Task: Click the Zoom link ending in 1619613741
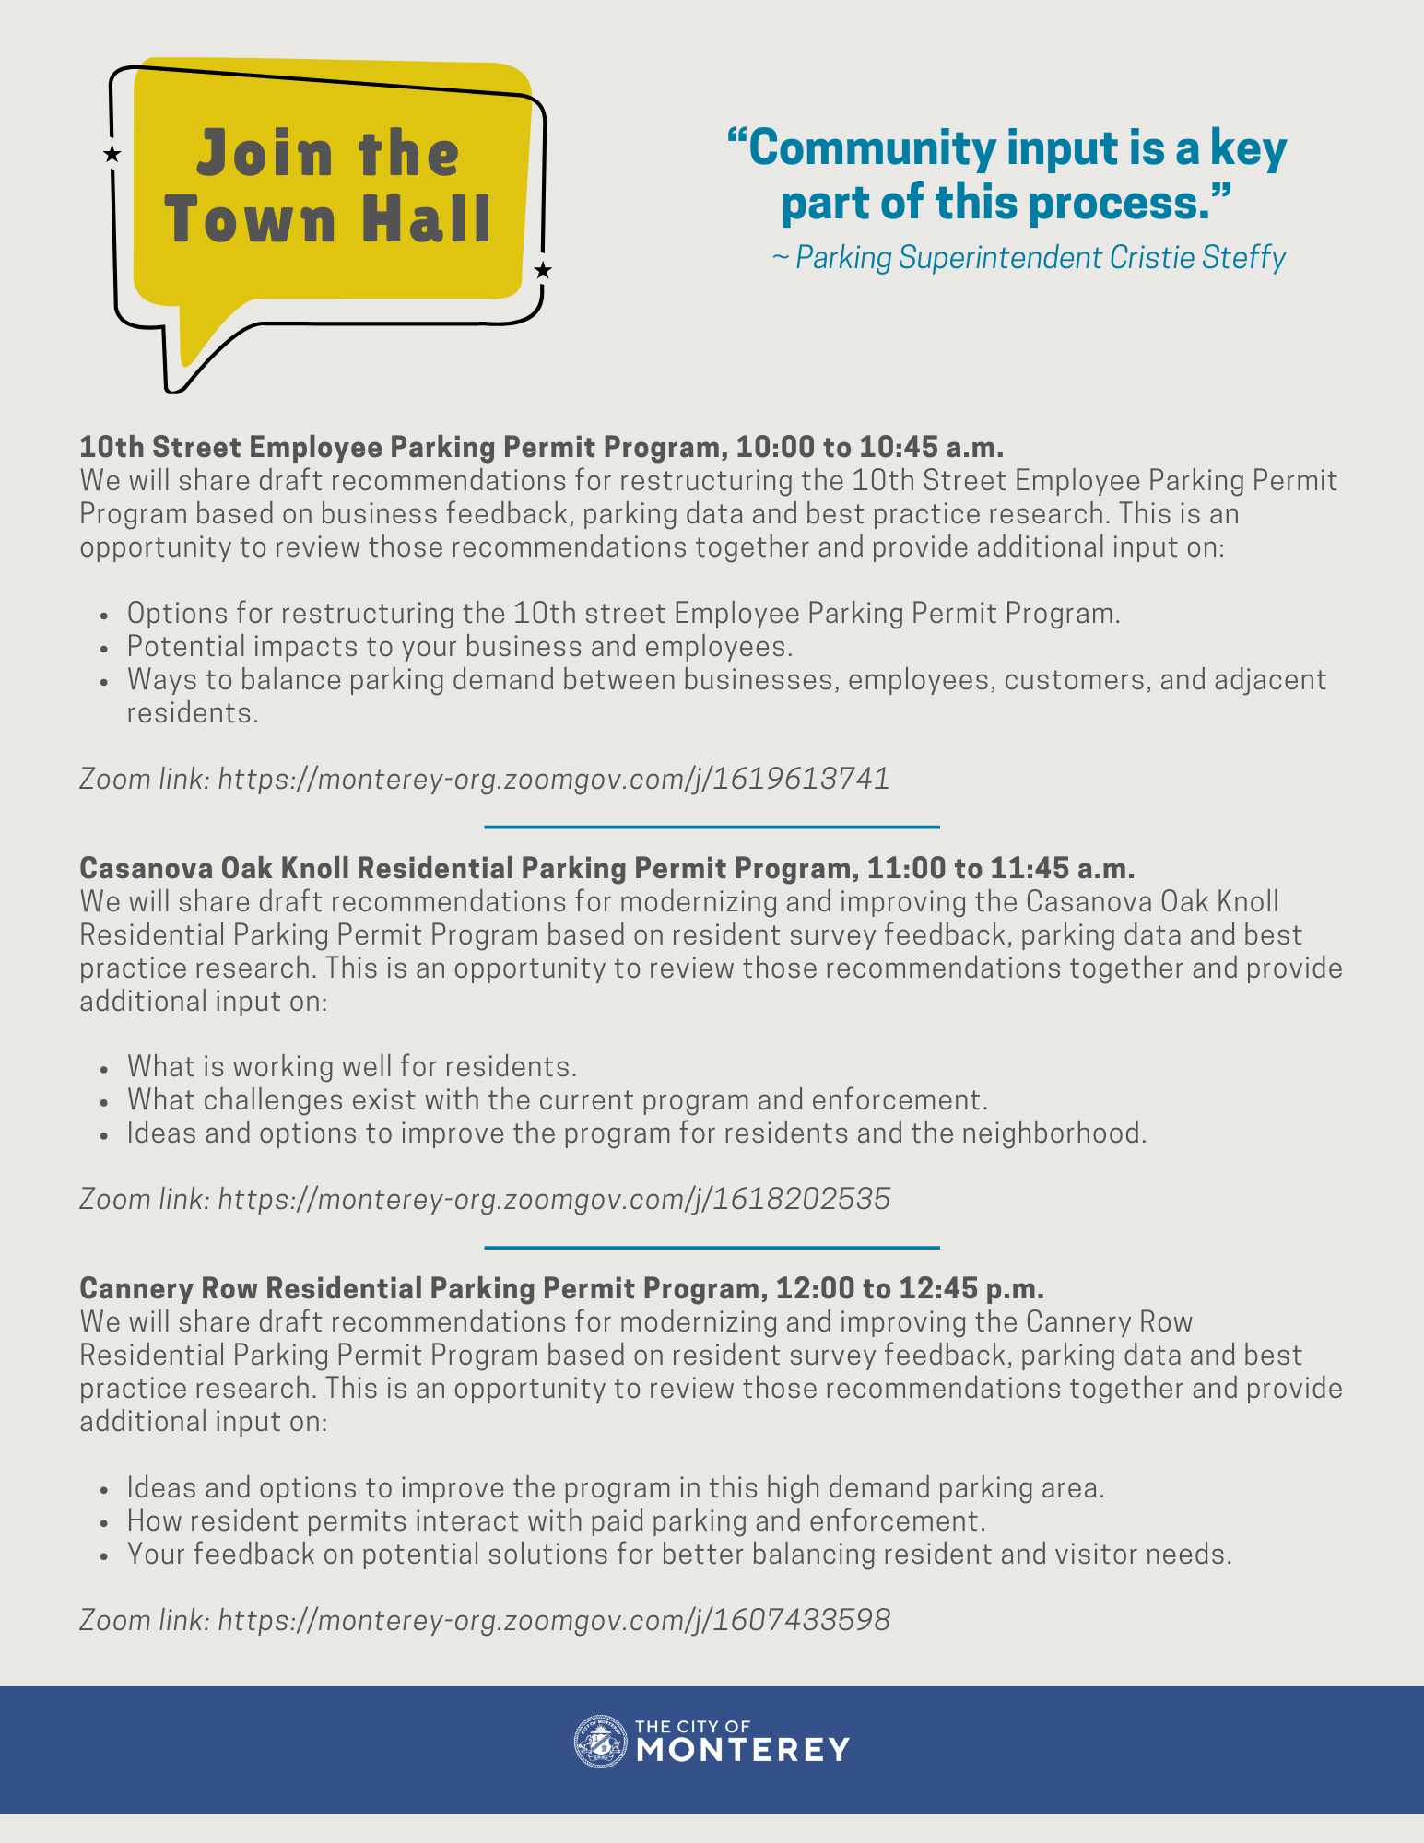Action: (x=554, y=780)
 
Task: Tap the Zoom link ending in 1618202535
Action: (x=554, y=1200)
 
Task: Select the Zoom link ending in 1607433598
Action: (x=554, y=1620)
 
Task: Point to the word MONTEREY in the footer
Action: (x=743, y=1749)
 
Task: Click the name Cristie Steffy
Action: (x=1197, y=258)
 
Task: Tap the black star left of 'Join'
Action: (x=112, y=154)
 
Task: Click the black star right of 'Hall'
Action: (x=543, y=270)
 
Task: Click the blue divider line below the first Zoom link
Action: (x=712, y=827)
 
